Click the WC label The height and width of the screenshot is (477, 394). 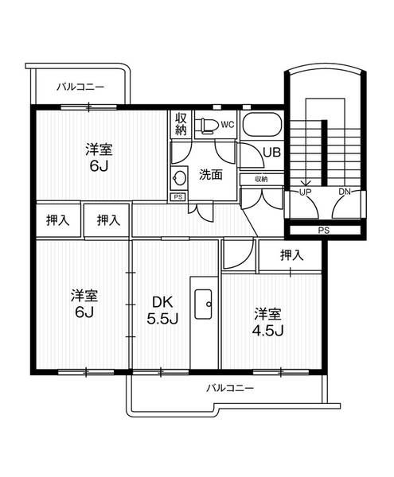tap(227, 124)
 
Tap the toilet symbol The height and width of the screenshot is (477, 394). tap(208, 125)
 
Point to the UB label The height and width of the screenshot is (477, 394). tap(271, 152)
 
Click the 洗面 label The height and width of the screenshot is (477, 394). tap(210, 175)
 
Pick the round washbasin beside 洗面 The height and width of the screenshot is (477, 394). tap(179, 177)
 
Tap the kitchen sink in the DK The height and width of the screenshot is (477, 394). tap(203, 303)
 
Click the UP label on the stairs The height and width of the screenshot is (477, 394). tap(305, 192)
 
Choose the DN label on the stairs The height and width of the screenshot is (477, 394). tap(345, 192)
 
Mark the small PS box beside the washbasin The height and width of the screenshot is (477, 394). tap(177, 196)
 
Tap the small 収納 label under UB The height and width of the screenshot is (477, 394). tap(262, 179)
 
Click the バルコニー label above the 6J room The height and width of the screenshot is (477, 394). tap(80, 87)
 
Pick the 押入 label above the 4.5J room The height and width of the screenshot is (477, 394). tap(291, 255)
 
